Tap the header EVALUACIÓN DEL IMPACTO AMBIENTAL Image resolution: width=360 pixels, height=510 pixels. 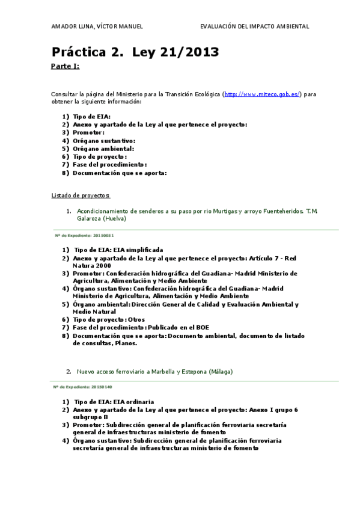pos(254,26)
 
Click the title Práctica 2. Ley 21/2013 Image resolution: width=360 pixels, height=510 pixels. pos(135,52)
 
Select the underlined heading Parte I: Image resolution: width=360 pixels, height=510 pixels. pos(65,66)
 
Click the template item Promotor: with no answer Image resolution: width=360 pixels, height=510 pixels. pos(88,132)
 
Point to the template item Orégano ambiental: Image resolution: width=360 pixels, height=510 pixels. pos(103,149)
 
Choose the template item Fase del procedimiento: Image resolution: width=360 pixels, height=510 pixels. pos(109,164)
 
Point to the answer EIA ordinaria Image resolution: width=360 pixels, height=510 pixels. pos(133,401)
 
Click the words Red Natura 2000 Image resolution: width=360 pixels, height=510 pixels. pos(92,265)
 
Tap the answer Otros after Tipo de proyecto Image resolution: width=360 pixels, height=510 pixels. pos(136,319)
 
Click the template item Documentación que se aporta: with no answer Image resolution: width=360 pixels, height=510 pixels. pos(120,173)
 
